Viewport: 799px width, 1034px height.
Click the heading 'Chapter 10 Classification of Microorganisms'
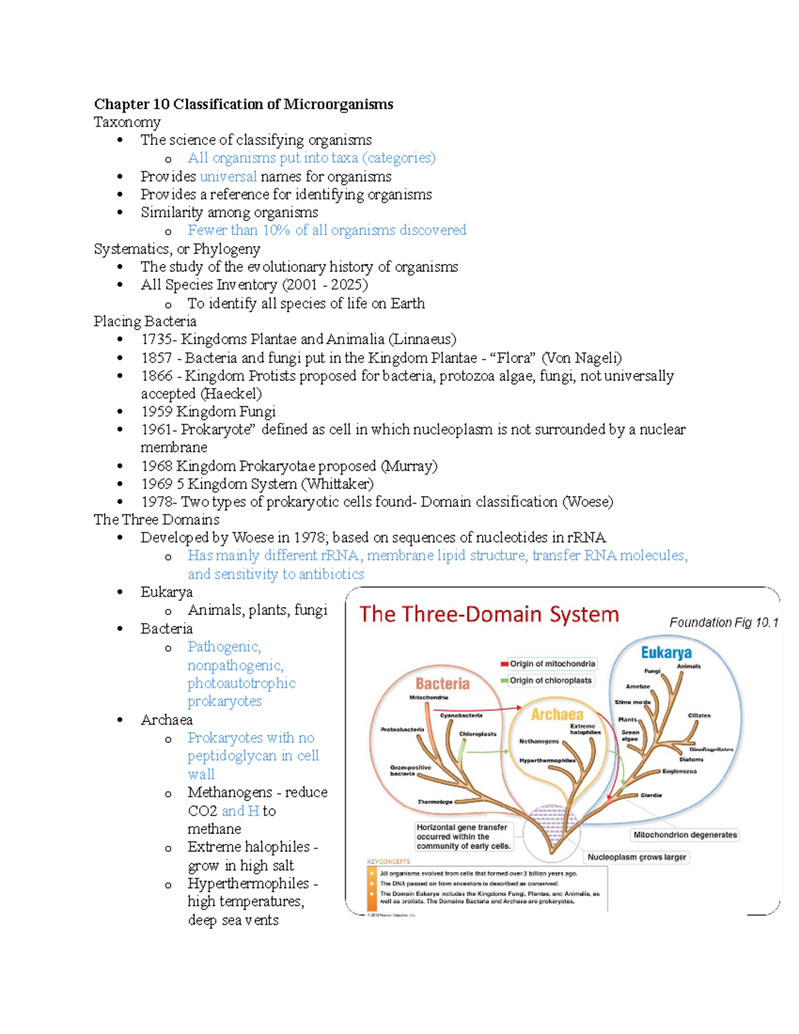click(x=243, y=104)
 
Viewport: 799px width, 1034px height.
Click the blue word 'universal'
click(x=228, y=176)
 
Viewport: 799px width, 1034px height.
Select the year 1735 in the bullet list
click(x=156, y=340)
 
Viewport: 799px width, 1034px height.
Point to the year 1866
click(x=156, y=376)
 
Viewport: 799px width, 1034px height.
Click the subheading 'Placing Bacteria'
click(x=144, y=322)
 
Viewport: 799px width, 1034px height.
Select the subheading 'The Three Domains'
click(x=156, y=519)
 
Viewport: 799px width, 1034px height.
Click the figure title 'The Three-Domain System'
click(x=489, y=614)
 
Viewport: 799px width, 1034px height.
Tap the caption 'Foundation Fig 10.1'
click(x=723, y=623)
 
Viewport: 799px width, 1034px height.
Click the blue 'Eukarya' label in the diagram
click(x=666, y=652)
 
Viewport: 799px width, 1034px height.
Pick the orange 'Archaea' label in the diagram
click(x=557, y=714)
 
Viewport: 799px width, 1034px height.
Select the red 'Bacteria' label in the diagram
click(x=442, y=684)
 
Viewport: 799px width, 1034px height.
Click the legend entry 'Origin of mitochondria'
click(x=552, y=664)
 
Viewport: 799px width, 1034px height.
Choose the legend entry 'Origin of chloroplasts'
click(x=550, y=680)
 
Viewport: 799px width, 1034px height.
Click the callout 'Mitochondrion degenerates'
click(x=684, y=835)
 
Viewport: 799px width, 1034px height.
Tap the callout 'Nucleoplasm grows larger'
click(x=637, y=858)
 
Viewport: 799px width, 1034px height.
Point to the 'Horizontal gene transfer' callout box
click(x=463, y=836)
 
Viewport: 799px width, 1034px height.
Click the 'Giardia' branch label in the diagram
click(x=651, y=795)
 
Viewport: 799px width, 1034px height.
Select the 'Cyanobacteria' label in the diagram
click(x=461, y=716)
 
